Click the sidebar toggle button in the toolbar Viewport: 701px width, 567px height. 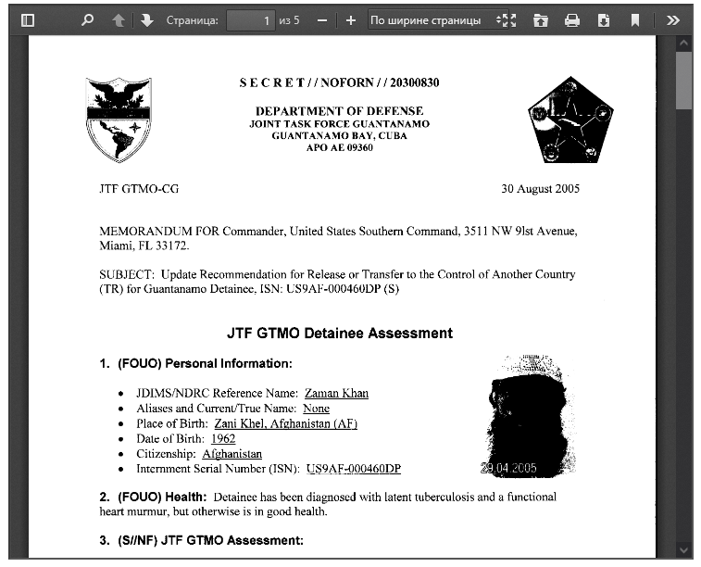click(27, 20)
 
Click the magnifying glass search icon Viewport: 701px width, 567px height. click(88, 20)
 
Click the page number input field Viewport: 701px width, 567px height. click(250, 20)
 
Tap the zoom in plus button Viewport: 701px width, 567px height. click(350, 20)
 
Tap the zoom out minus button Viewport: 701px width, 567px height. click(321, 20)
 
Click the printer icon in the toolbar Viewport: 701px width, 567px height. click(572, 20)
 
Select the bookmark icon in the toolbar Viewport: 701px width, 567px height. click(635, 20)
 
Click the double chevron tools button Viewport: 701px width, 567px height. click(673, 20)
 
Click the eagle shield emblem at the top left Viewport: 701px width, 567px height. click(119, 120)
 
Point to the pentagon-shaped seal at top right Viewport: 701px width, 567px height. click(570, 120)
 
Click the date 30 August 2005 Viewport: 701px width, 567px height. click(541, 189)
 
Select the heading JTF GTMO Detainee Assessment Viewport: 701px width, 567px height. click(340, 333)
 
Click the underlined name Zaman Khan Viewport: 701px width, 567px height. click(336, 394)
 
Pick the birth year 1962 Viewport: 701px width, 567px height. click(223, 438)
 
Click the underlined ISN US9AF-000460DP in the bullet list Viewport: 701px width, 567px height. click(354, 469)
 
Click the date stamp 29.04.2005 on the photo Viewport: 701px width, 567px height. click(508, 469)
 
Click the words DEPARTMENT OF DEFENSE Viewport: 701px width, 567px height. click(339, 110)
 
